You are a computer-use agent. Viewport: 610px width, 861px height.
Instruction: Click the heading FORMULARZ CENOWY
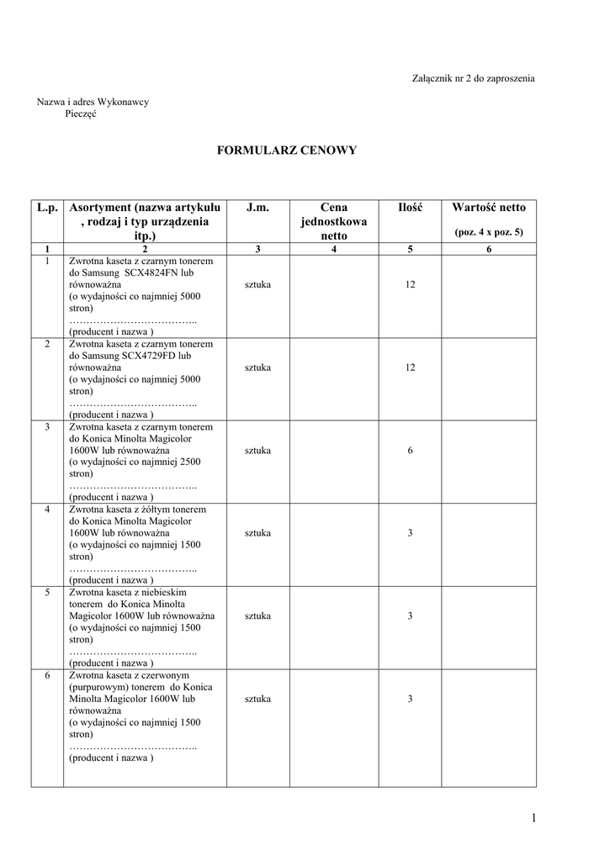287,151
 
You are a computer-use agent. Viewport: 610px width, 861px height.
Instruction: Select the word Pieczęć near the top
80,114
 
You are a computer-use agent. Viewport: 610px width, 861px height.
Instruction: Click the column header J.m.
257,208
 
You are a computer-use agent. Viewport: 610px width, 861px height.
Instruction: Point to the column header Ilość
410,208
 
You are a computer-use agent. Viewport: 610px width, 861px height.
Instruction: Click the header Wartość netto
489,208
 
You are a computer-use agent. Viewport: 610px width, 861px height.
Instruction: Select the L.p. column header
48,208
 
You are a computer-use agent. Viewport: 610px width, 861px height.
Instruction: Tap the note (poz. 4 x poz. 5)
489,231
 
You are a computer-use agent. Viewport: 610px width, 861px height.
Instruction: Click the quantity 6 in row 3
410,451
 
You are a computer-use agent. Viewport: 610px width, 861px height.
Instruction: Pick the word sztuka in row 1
257,285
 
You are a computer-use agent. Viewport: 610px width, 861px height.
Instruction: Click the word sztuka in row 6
257,699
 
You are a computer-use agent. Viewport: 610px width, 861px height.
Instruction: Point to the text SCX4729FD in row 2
151,356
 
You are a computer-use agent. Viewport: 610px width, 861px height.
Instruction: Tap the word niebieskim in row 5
165,592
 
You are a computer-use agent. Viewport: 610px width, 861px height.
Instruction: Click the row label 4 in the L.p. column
48,510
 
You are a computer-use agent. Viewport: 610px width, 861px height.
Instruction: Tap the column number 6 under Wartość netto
489,249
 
